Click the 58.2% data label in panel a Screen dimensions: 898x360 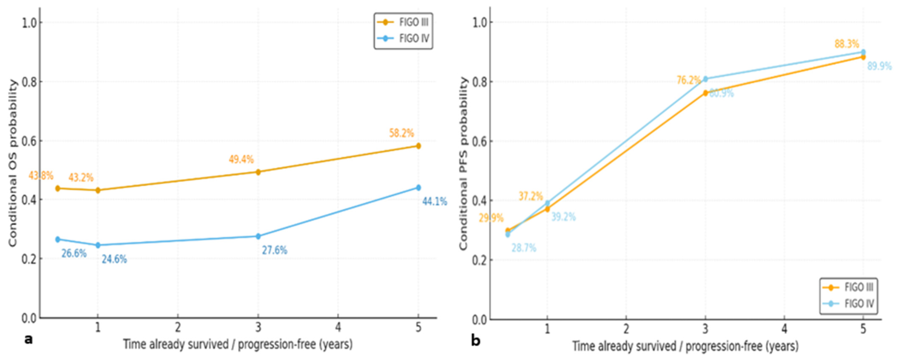401,133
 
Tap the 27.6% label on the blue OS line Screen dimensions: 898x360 275,250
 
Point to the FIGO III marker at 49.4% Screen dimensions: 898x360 258,172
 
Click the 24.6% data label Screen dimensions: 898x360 114,259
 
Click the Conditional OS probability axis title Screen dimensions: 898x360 12,163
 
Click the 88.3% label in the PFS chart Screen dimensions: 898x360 847,44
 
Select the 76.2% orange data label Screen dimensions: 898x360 689,80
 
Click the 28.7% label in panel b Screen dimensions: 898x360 524,248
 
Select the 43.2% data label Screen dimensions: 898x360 81,178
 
